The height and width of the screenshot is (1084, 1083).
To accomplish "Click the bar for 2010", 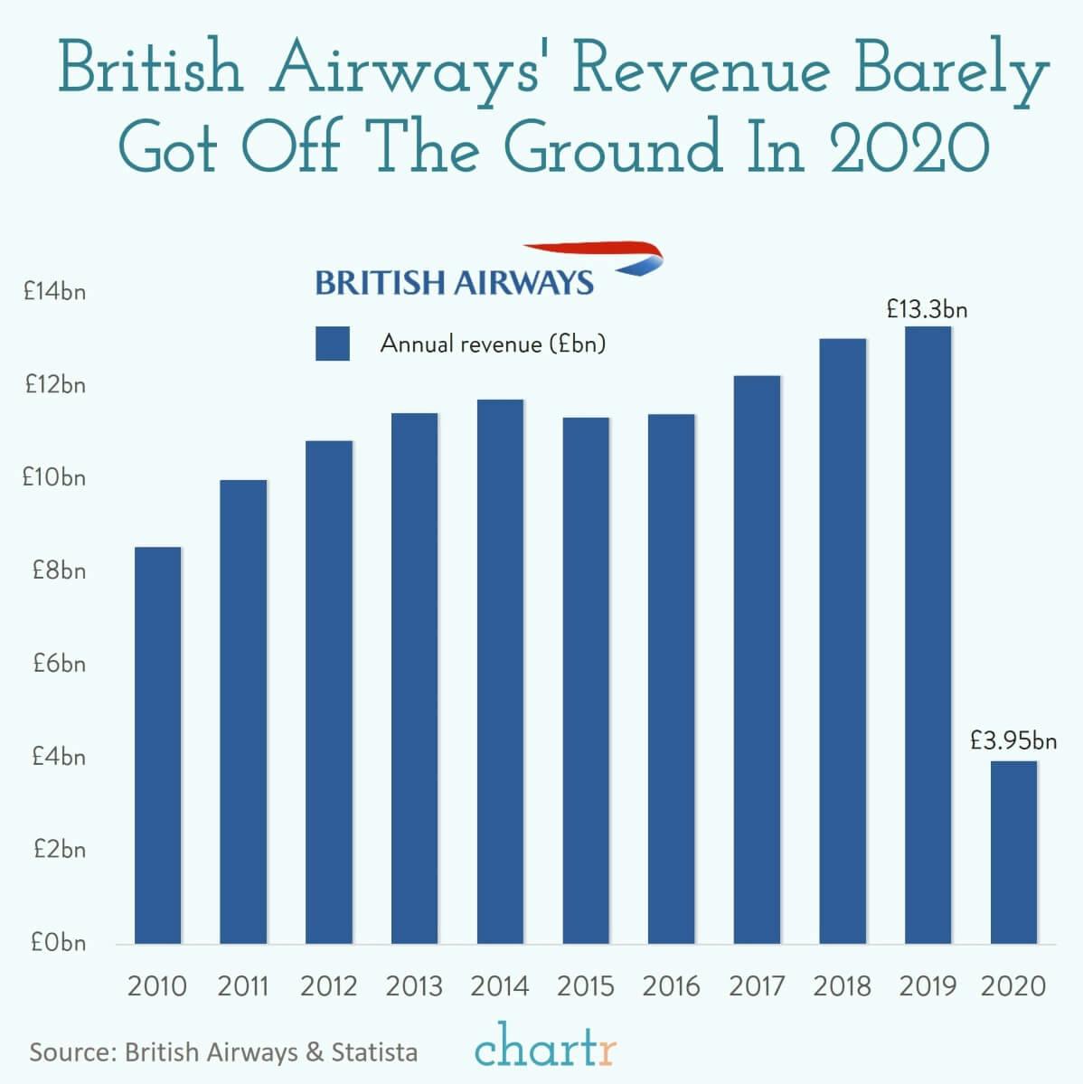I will click(157, 745).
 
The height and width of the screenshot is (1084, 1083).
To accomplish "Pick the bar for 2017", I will click(757, 659).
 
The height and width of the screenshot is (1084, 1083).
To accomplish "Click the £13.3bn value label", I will click(927, 310).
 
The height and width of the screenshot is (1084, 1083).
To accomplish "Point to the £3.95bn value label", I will click(1012, 741).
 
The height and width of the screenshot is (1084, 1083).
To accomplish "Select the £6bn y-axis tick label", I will click(59, 664).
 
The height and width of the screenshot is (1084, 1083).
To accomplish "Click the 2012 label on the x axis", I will click(328, 985).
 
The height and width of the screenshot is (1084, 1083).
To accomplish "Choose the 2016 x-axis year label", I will click(671, 985).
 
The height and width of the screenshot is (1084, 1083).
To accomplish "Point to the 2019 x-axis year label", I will click(928, 985).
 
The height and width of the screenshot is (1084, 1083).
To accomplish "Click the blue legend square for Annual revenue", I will click(332, 344).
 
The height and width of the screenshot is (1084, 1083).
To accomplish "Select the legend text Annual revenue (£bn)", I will click(493, 344).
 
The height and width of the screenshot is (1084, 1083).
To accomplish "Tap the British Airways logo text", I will click(454, 282).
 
